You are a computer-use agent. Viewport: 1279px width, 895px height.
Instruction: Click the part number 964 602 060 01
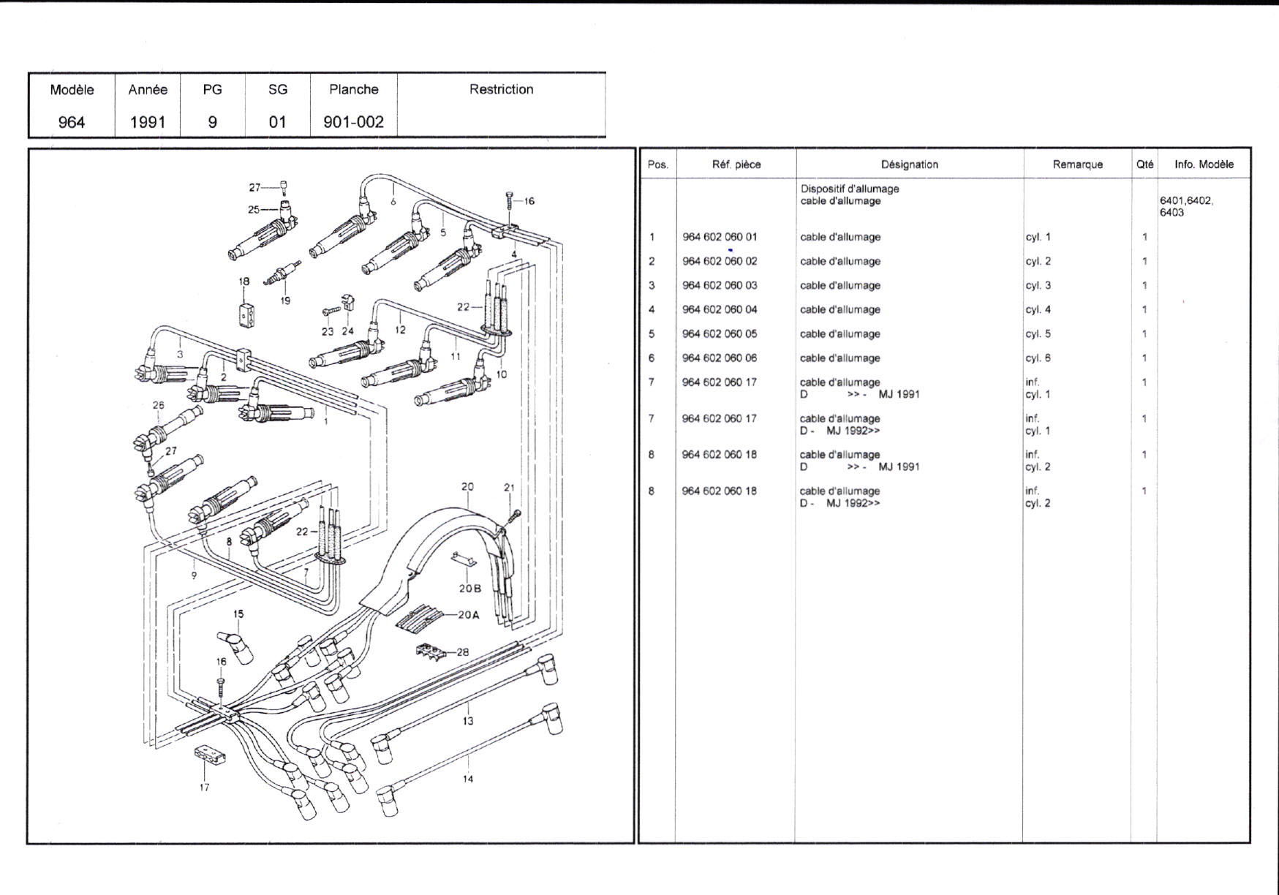click(x=720, y=237)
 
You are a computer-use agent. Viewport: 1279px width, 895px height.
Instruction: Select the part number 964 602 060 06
click(x=720, y=358)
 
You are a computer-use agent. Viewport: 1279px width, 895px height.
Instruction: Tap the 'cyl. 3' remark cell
click(x=1038, y=286)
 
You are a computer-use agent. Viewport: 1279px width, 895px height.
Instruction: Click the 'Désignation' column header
click(x=909, y=165)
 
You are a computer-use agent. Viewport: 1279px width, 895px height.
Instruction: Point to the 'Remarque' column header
click(x=1077, y=165)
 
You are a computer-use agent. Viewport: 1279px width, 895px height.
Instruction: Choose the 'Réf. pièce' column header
click(x=736, y=165)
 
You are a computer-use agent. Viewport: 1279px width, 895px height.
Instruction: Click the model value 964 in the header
click(x=72, y=122)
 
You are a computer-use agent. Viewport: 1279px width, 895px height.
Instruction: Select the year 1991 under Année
click(x=148, y=122)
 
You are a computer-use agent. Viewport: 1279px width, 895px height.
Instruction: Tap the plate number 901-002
click(x=353, y=122)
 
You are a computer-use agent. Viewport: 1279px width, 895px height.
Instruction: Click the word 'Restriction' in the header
click(x=501, y=89)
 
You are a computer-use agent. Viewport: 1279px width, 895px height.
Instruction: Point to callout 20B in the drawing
click(x=470, y=588)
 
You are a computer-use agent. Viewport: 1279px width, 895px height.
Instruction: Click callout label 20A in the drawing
click(x=469, y=615)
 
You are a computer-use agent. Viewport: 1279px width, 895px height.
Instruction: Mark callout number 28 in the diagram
click(x=462, y=652)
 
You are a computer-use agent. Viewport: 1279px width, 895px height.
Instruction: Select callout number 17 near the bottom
click(x=204, y=788)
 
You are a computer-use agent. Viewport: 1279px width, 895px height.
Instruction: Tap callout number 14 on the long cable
click(x=467, y=779)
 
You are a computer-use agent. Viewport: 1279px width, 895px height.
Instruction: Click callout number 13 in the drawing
click(x=467, y=721)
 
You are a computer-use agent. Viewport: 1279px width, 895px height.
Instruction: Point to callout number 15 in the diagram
click(x=238, y=614)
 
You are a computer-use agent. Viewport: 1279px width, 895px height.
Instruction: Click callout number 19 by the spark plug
click(x=285, y=301)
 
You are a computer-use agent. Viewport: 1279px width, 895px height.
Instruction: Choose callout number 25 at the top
click(x=253, y=210)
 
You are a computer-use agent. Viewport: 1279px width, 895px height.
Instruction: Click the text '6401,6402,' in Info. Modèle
click(x=1186, y=200)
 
